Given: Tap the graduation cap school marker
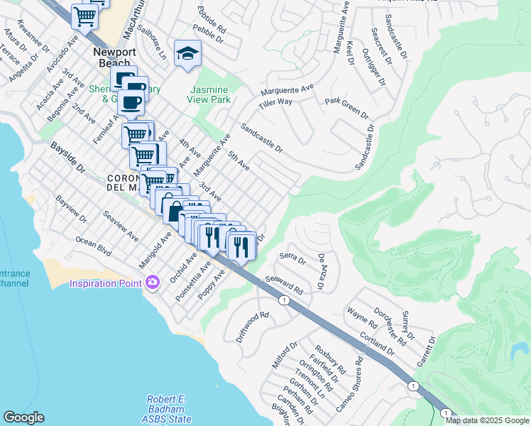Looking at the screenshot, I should pos(188,54).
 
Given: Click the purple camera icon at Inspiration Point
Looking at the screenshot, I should pos(152,284).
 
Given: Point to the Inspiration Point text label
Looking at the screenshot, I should pos(106,285).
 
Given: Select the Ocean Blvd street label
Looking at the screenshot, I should pos(94,246).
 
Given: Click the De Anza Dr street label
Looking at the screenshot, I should pos(321,273).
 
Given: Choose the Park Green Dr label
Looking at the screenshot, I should pos(347,108).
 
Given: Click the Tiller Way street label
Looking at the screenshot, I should pos(275,102).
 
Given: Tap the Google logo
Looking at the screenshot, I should pos(23,417).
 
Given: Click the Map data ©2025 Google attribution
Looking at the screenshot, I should pos(487,420).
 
